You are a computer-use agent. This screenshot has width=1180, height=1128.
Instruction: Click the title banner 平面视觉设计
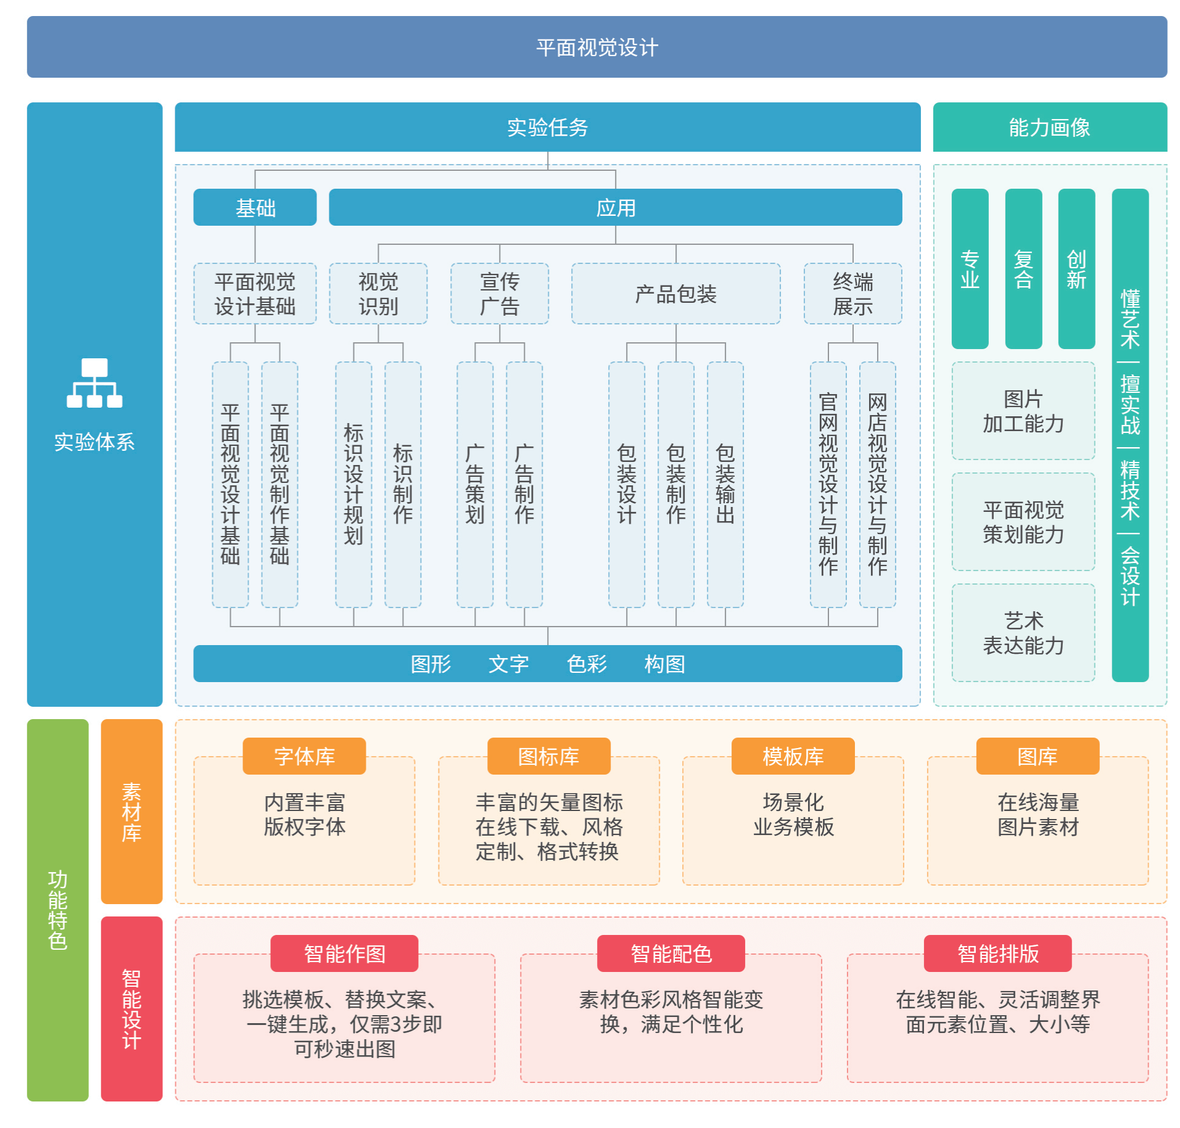tap(596, 47)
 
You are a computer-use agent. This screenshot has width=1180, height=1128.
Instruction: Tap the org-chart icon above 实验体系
tap(94, 383)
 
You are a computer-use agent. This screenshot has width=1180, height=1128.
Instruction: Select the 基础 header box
tap(255, 207)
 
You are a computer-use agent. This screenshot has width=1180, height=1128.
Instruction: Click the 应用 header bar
tap(615, 207)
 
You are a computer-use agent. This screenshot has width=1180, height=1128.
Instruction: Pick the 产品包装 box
tap(675, 294)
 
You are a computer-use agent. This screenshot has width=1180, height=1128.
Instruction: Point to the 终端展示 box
tap(852, 294)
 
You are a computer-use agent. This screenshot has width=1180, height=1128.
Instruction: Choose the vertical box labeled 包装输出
tap(725, 484)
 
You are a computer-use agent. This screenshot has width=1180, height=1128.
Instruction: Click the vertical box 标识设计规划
tap(353, 484)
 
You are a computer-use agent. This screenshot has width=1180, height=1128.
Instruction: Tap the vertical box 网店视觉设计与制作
tap(877, 484)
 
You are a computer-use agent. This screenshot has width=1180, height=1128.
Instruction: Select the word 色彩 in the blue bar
tap(587, 664)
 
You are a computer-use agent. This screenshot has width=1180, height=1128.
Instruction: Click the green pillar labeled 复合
tap(1023, 269)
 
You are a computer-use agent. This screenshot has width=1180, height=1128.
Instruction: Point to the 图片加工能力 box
tap(1023, 411)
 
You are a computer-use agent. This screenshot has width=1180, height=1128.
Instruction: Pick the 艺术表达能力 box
tap(1023, 633)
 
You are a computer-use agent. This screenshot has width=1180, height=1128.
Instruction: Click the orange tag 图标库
tap(548, 756)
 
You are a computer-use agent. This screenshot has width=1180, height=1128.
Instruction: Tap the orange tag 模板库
tap(793, 756)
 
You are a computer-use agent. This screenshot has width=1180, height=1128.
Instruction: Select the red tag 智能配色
tap(670, 953)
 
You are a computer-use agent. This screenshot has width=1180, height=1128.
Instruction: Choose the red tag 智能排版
tap(997, 953)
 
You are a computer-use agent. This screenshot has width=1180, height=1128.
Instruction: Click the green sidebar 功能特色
tap(57, 910)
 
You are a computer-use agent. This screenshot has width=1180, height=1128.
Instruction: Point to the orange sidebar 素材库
tap(131, 811)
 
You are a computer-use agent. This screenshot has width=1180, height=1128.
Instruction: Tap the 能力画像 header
tap(1049, 127)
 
